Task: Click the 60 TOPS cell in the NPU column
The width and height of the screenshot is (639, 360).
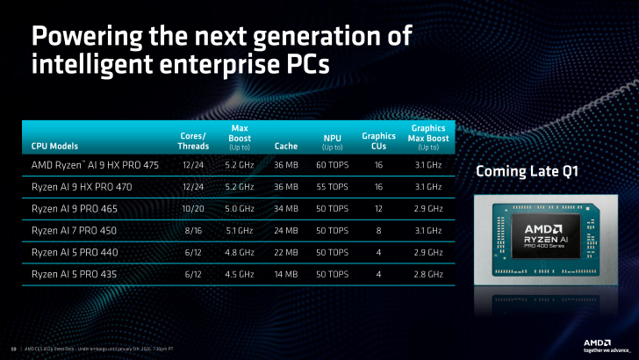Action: coord(334,164)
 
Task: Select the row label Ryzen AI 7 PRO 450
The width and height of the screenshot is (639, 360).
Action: coord(73,230)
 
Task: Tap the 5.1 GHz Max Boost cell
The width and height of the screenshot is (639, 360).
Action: coord(240,230)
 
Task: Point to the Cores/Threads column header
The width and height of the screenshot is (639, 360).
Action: coord(192,140)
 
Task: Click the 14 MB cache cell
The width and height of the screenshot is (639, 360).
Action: coord(285,274)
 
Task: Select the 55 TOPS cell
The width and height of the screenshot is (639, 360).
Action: coord(334,186)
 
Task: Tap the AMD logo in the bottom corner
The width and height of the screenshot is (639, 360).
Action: coord(600,342)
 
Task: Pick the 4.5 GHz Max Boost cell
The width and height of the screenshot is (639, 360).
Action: coord(240,274)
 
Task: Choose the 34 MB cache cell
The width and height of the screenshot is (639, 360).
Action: coord(285,208)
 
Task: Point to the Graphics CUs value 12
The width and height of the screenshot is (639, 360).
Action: coord(379,208)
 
